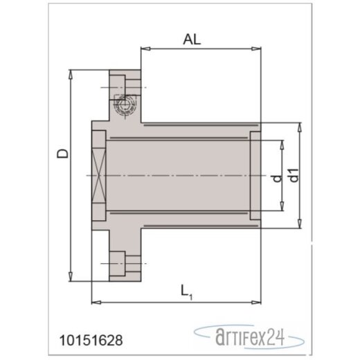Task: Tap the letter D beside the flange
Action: pos(63,154)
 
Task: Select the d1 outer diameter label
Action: pos(294,175)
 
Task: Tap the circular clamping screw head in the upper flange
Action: pos(125,106)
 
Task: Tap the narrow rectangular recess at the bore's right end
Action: pos(255,175)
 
